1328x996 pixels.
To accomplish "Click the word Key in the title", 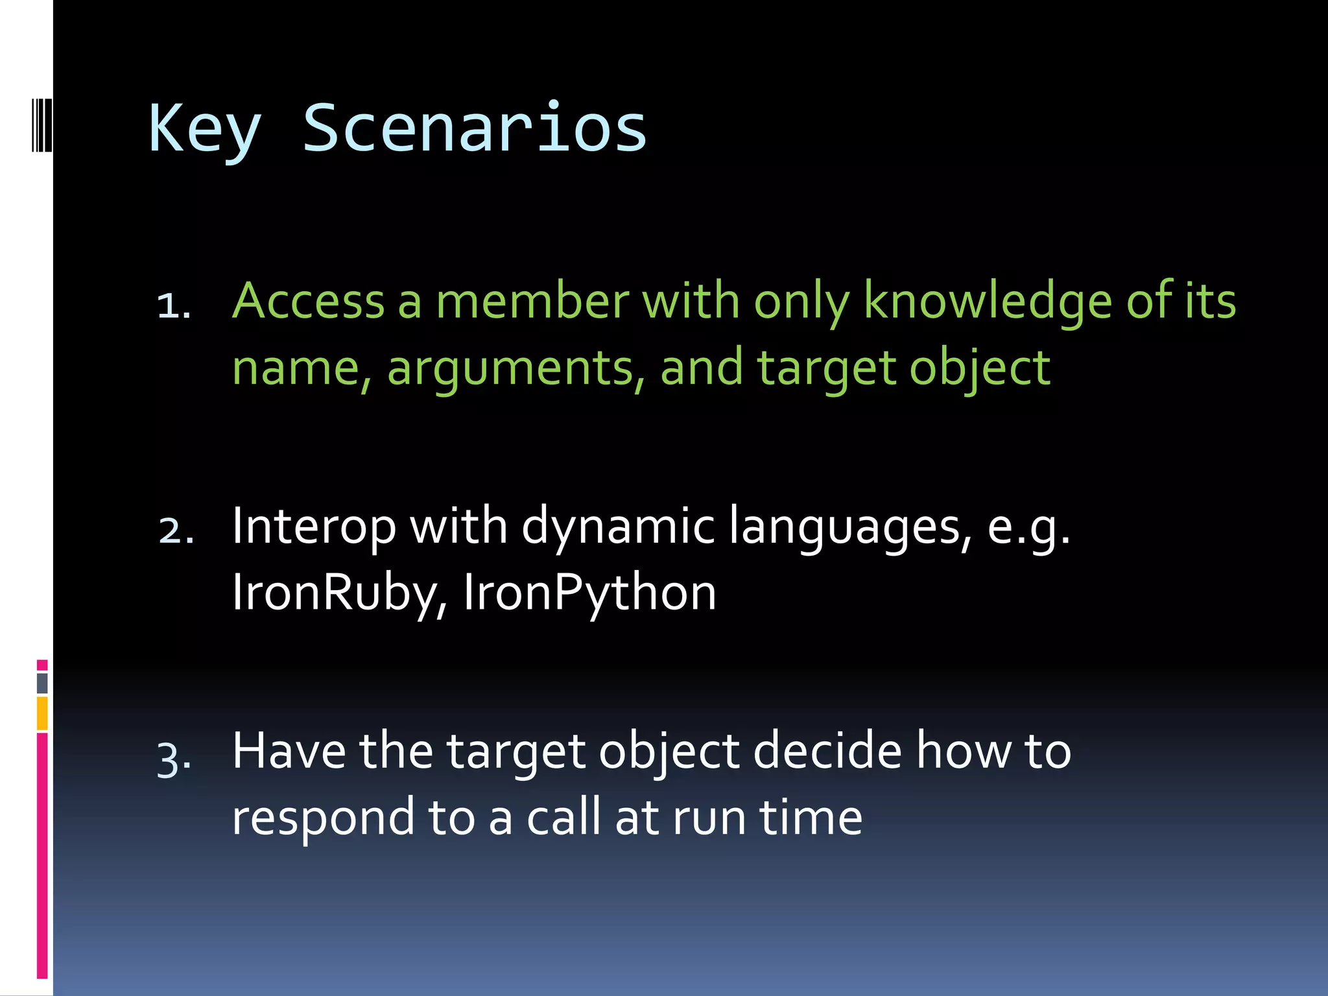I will [204, 129].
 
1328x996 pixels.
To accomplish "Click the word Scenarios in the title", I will [475, 129].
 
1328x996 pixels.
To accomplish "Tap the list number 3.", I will [174, 757].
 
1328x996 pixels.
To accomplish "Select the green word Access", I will [309, 302].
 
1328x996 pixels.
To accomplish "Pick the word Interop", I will [314, 527].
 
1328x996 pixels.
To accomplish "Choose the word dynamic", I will [618, 527].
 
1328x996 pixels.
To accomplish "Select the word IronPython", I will [589, 593].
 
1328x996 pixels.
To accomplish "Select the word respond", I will [322, 818].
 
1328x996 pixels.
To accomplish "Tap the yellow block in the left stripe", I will [42, 713].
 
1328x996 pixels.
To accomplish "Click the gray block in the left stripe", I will [42, 683].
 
